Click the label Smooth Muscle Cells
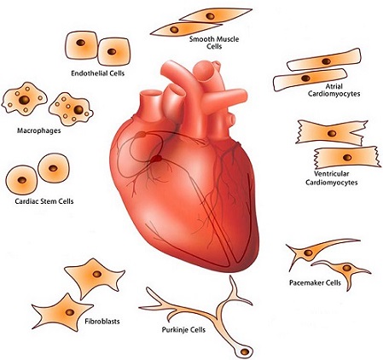214,43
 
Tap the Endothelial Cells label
98,73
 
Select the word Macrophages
39,131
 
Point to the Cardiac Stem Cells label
44,201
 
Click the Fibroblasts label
102,322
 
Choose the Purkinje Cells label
183,330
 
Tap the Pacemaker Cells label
315,283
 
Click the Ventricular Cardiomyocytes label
332,178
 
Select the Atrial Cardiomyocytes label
334,90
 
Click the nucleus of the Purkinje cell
245,351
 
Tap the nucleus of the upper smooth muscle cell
211,16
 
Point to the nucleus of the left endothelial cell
81,43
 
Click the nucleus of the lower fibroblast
70,312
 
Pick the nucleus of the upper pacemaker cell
308,253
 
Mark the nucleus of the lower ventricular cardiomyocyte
347,157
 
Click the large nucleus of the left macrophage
24,100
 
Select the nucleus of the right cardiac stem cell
53,168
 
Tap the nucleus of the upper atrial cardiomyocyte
326,61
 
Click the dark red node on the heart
156,159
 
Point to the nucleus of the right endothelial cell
112,51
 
